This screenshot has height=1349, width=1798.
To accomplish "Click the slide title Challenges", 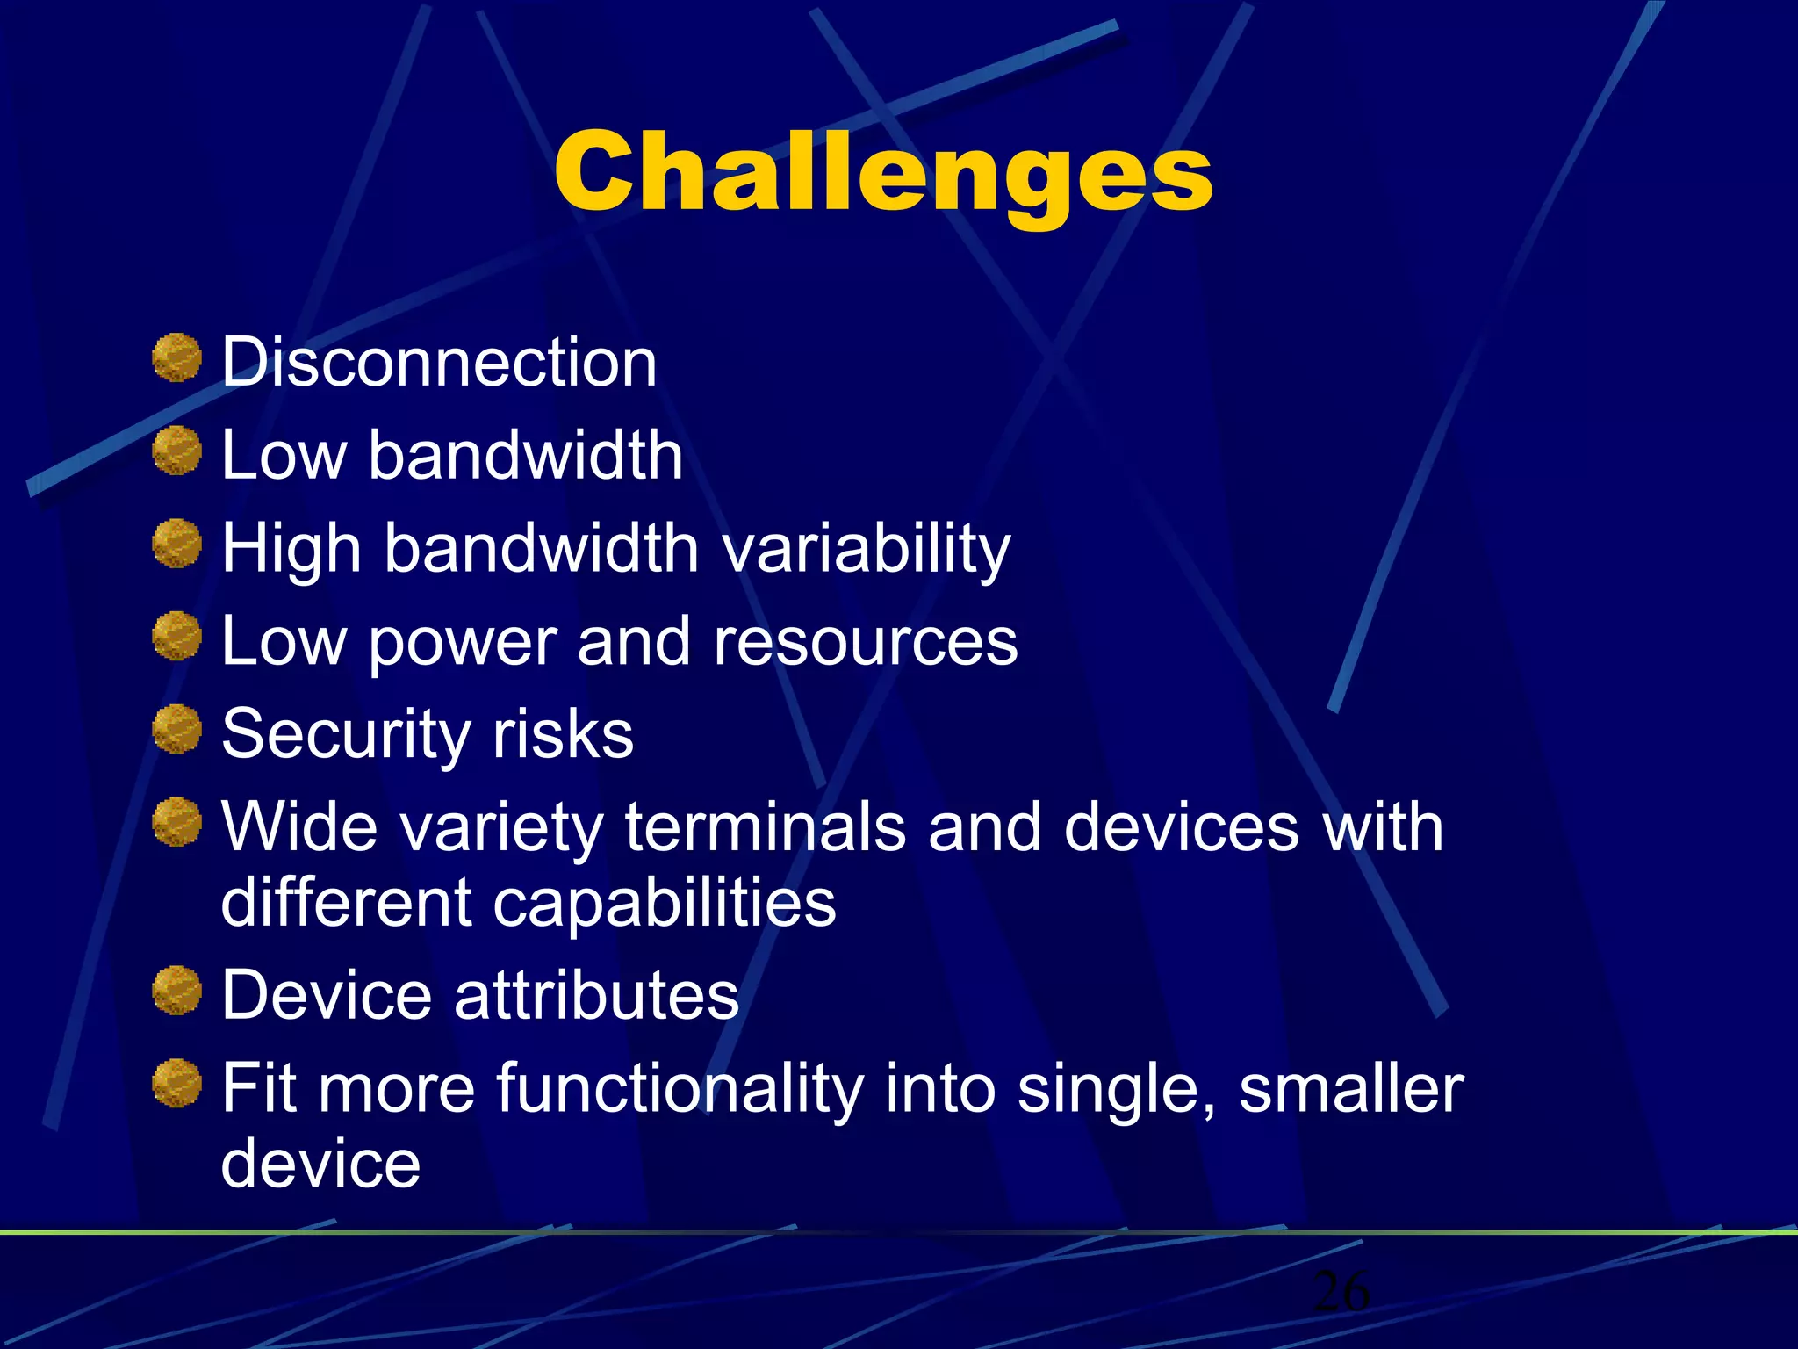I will tap(883, 172).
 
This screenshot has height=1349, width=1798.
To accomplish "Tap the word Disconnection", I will tap(439, 363).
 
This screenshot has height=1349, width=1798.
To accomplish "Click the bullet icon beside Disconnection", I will tap(177, 357).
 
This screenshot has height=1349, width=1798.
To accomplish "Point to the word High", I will tap(291, 549).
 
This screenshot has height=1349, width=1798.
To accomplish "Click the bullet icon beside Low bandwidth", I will tap(177, 451).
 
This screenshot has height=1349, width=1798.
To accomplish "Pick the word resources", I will tap(866, 642).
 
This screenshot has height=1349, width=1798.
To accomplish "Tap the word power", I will tap(462, 642).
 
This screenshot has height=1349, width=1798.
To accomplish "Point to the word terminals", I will tap(765, 827).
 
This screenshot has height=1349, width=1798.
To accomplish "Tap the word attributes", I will tap(597, 996).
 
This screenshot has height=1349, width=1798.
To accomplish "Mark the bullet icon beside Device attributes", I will tap(177, 991).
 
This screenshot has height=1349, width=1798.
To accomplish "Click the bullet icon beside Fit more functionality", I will tap(177, 1083).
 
